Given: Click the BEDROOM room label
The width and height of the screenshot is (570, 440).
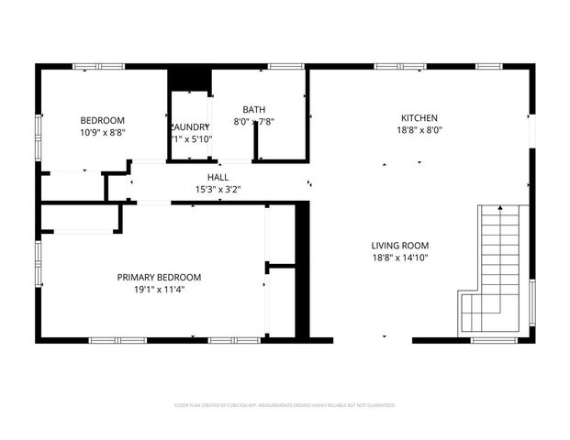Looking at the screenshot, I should (103, 120).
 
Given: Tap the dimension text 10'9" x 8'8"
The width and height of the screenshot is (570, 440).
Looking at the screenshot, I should (103, 133).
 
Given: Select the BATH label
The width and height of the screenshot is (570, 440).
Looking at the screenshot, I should (253, 109).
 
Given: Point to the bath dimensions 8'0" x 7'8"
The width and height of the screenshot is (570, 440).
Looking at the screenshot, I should (253, 122).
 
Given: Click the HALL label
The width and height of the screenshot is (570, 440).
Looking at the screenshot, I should (218, 177).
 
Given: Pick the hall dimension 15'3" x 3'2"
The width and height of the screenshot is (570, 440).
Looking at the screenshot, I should (218, 190).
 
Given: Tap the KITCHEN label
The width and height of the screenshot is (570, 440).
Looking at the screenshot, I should (419, 117).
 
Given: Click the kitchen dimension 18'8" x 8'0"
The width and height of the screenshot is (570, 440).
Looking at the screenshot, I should (419, 130).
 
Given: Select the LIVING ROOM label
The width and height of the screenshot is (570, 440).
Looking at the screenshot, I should (399, 245).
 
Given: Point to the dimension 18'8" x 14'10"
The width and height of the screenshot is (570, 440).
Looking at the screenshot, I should (399, 258).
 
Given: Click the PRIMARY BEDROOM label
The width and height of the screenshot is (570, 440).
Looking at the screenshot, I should (159, 277).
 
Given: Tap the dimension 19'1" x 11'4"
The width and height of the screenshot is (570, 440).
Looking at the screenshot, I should (159, 290).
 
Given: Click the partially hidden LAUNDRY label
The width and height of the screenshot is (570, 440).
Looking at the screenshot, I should (191, 126).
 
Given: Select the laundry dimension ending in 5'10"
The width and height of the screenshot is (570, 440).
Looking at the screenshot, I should (191, 139).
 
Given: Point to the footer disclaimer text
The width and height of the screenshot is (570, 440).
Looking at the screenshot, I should (285, 404).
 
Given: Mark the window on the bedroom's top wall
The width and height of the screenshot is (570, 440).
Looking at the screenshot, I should (98, 66).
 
